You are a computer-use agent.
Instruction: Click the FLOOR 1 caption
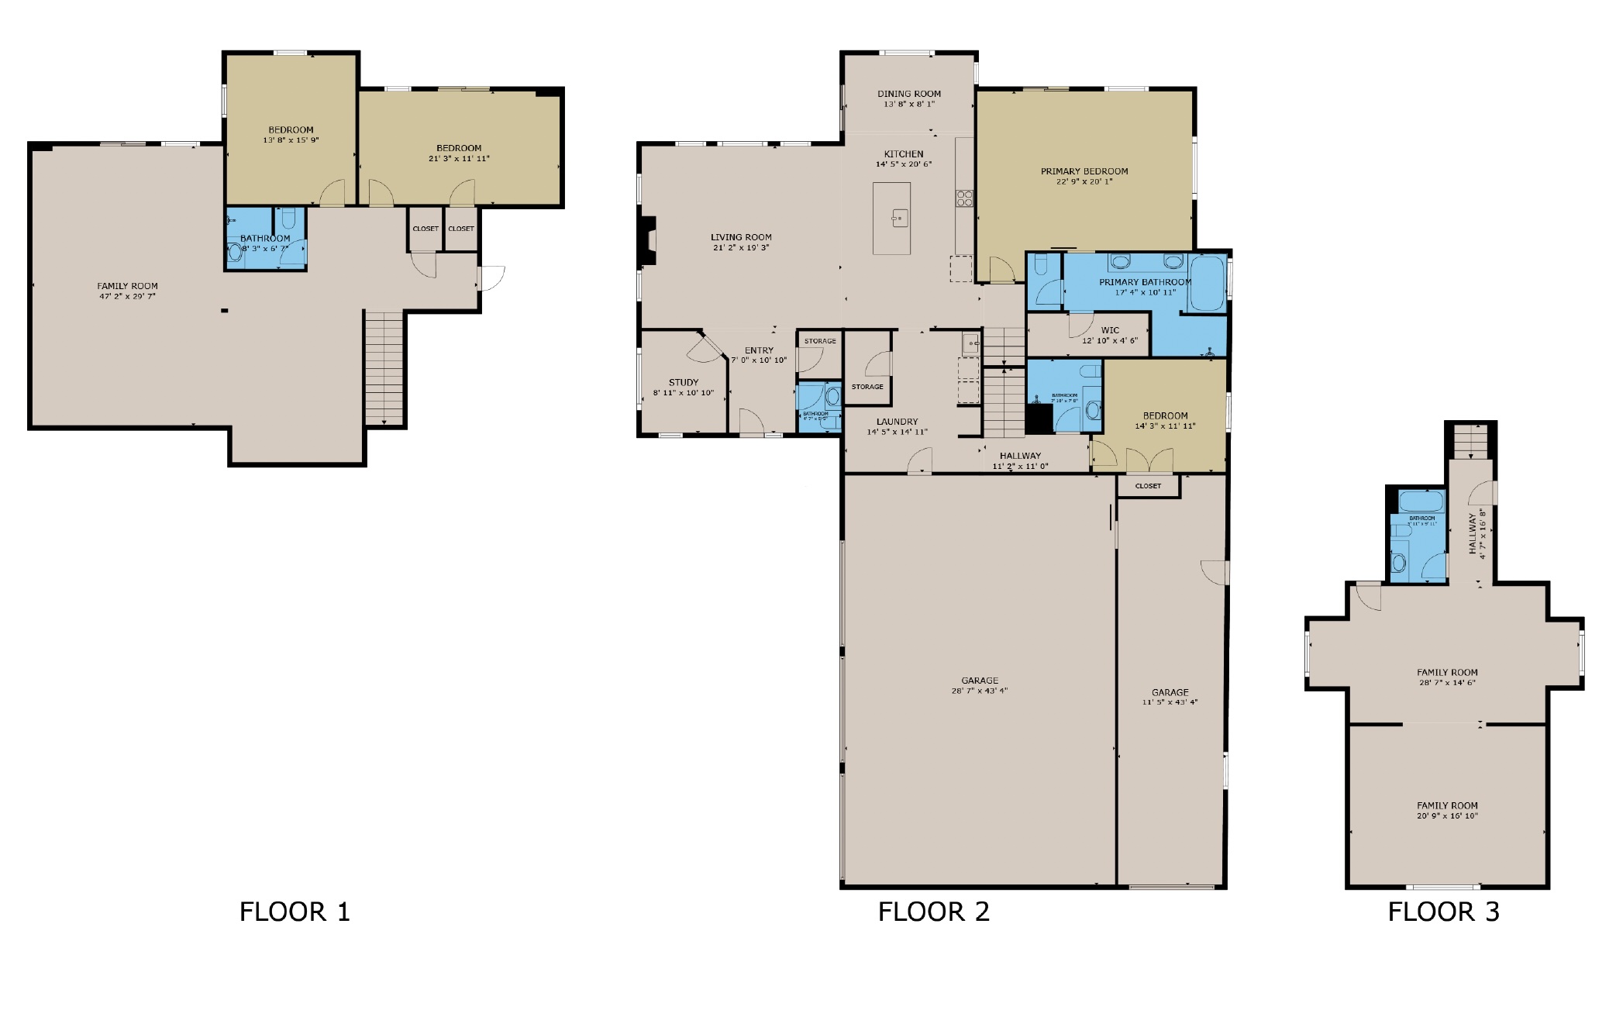click(295, 912)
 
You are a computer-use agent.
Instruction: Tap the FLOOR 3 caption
click(1443, 912)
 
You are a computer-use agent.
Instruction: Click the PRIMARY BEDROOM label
click(1084, 171)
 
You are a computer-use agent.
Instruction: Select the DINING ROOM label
click(908, 94)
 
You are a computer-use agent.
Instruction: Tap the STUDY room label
click(683, 382)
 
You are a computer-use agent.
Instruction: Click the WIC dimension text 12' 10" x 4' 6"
click(1109, 340)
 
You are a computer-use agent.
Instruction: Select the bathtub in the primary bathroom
click(1206, 284)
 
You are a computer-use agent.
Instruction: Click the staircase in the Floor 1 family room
click(384, 367)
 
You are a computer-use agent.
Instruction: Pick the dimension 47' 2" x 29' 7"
click(127, 296)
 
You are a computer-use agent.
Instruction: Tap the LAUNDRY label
click(897, 422)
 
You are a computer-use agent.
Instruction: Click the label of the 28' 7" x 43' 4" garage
click(979, 681)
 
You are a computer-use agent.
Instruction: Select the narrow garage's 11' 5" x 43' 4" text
click(1170, 702)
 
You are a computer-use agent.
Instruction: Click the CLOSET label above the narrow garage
click(1148, 486)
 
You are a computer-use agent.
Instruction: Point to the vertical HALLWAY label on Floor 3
click(1473, 534)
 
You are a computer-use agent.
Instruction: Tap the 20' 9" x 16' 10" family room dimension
click(1447, 815)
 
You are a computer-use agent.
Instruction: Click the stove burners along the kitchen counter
click(964, 198)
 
